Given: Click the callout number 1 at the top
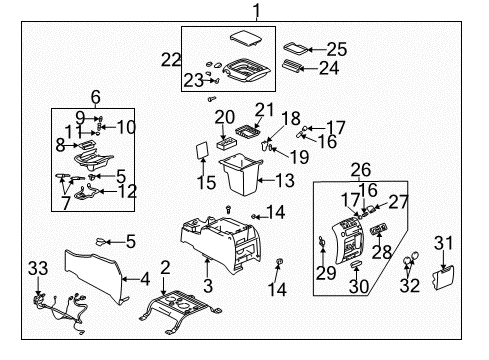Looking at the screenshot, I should [255, 11].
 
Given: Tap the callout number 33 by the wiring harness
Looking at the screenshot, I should [38, 268].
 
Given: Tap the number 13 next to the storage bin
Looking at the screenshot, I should [285, 180].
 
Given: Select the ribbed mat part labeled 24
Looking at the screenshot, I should [299, 68].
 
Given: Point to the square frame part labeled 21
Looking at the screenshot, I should [246, 130].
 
